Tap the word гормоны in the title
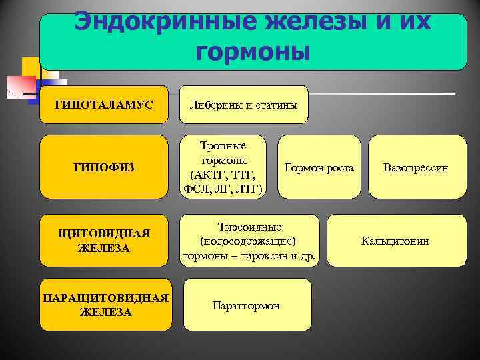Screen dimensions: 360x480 (x=253, y=51)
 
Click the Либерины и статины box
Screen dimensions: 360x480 (x=244, y=105)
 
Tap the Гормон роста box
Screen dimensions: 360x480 (x=319, y=167)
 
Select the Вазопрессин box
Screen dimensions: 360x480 (x=415, y=167)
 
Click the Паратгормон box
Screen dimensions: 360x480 (x=246, y=305)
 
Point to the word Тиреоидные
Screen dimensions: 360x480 (x=249, y=227)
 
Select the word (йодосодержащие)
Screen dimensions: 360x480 (x=249, y=241)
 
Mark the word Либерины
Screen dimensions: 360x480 (x=215, y=105)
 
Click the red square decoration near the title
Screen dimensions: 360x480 (x=19, y=85)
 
